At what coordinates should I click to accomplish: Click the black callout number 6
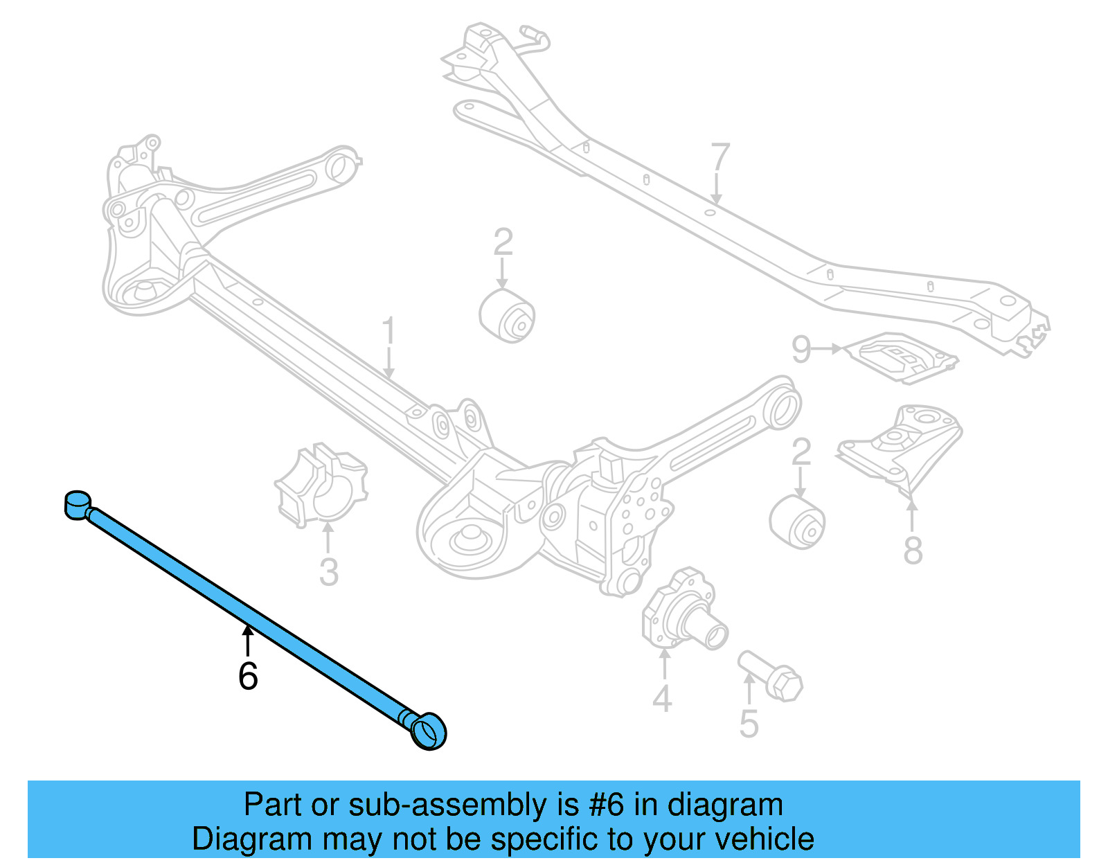click(x=248, y=676)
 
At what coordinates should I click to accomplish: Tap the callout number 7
click(x=720, y=157)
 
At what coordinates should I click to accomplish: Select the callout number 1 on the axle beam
click(x=388, y=332)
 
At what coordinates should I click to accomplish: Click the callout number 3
click(x=329, y=572)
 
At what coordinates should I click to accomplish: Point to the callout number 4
click(x=662, y=698)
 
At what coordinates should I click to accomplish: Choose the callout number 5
click(x=749, y=724)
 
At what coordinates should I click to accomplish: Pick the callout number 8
click(x=913, y=551)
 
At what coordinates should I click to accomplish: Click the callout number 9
click(x=801, y=349)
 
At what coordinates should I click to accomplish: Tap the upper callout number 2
click(x=503, y=242)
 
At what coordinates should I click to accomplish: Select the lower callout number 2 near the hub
click(x=801, y=452)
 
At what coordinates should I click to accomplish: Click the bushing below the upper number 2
click(x=508, y=316)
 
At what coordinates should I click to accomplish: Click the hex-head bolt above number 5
click(x=771, y=675)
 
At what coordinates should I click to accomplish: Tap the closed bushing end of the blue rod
click(x=77, y=503)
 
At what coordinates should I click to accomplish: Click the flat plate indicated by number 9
click(x=903, y=357)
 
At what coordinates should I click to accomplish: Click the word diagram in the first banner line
click(x=724, y=805)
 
